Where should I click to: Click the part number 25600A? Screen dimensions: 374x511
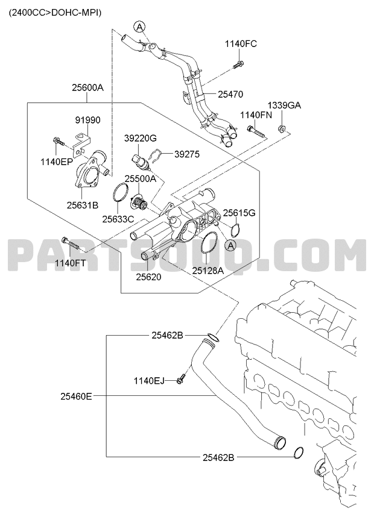(x=88, y=87)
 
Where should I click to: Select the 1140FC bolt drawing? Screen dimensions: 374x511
(x=238, y=64)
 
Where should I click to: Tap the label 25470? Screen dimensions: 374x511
(x=230, y=95)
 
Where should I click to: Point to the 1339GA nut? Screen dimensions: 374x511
(x=282, y=128)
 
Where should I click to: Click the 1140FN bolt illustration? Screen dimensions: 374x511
(x=257, y=131)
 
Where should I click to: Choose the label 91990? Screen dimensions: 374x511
(x=87, y=121)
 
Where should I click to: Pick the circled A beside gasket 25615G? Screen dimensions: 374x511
(x=230, y=246)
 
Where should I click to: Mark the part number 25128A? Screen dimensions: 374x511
(x=208, y=270)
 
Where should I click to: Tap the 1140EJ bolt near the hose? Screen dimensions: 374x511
(x=181, y=378)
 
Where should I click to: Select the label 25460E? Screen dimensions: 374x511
(x=76, y=397)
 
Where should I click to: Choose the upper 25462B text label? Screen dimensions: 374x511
(x=167, y=335)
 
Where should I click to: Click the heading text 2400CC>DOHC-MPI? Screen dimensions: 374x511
(x=55, y=13)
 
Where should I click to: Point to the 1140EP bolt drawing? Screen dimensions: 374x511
(x=58, y=142)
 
